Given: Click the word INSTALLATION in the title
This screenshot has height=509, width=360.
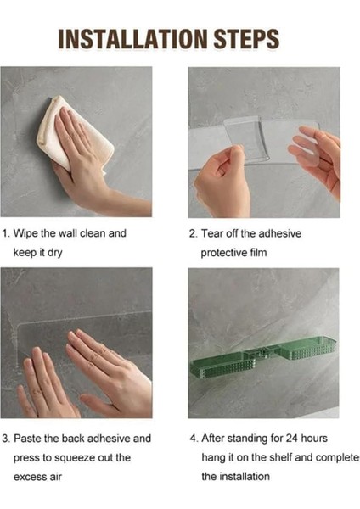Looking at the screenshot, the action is point(132,39).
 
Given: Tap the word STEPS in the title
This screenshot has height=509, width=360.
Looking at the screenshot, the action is point(246,39).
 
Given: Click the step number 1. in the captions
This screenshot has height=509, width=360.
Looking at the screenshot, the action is point(6,233).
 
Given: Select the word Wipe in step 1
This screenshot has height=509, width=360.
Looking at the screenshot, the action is point(25,233).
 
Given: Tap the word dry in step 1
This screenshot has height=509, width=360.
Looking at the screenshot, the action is point(54,253).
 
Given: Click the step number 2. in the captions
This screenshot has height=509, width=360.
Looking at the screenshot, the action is point(194,233).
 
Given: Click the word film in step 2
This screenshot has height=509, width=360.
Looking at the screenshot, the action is point(258,253).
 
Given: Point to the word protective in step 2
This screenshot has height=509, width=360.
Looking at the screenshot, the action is point(224,253).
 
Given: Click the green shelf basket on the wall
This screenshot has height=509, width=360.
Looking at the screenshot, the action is point(262,356).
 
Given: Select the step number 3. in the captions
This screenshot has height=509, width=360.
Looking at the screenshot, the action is point(6,439).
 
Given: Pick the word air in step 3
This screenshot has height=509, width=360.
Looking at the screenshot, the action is point(55,477).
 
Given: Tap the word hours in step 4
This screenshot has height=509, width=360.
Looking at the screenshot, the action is point(313,439).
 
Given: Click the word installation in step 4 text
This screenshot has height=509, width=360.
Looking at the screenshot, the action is point(245,477).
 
